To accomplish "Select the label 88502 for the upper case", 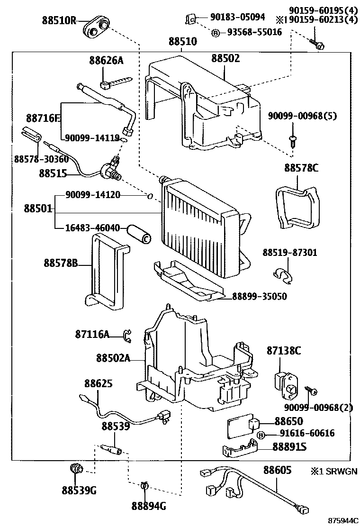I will click(x=225, y=58).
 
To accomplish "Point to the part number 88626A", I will click(x=106, y=60).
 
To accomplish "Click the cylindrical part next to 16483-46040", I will click(x=138, y=234).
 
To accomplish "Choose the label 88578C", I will click(x=302, y=168).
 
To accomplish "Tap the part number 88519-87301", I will click(x=290, y=253).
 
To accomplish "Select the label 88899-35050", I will click(x=259, y=297).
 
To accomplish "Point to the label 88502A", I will click(x=112, y=358).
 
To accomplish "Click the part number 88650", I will click(x=288, y=421).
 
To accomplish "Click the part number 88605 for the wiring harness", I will click(x=277, y=470).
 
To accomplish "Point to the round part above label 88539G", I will click(x=76, y=469).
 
